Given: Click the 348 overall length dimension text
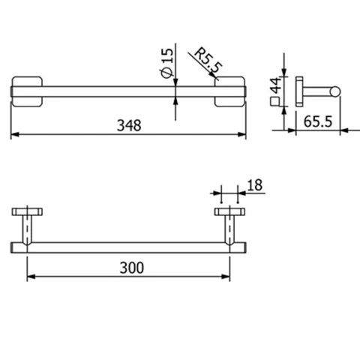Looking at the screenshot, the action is click(129, 125).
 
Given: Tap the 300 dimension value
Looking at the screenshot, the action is click(132, 268).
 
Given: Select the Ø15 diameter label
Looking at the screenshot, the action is click(166, 62).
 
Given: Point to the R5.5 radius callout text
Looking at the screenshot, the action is click(208, 61).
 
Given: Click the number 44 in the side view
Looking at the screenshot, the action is click(275, 85).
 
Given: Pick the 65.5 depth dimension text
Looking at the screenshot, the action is click(318, 121).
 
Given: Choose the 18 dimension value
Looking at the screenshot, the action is click(255, 185).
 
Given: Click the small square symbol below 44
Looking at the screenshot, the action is click(274, 101).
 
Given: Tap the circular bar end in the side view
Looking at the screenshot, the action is click(335, 91).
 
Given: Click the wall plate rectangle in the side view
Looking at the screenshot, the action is click(299, 91).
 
